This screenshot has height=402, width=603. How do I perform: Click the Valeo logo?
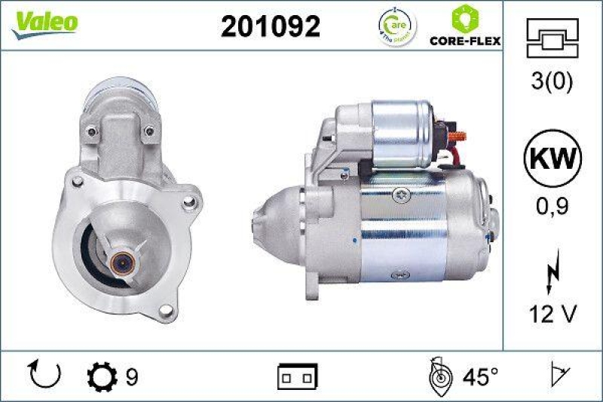(x=44, y=23)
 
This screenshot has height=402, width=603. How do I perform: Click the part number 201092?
(x=271, y=26)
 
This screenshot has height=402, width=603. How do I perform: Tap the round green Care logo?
(x=396, y=27)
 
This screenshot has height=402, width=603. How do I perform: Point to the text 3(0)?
(x=552, y=82)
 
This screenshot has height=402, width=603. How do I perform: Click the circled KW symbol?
(x=552, y=161)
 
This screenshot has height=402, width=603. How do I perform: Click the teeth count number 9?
(x=132, y=375)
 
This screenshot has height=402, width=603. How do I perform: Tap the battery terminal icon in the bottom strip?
(x=298, y=375)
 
